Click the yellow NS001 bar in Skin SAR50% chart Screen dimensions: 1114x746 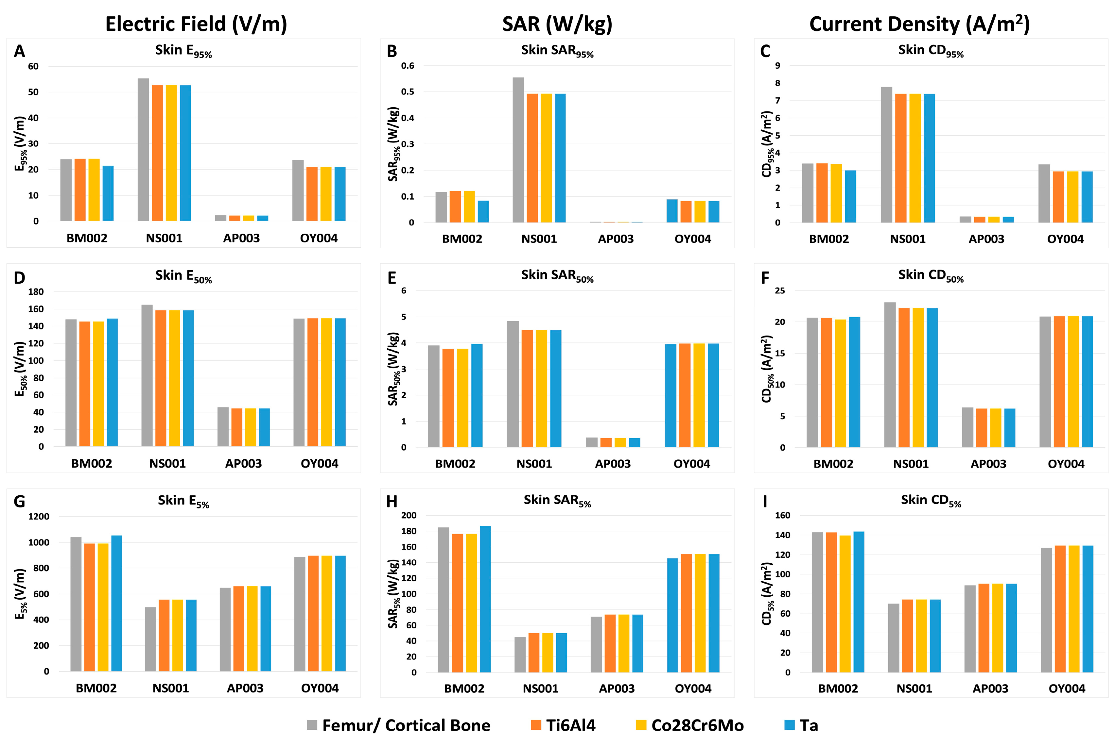[541, 389]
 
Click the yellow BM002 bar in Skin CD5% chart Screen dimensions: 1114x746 [845, 604]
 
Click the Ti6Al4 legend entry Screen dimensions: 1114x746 [563, 725]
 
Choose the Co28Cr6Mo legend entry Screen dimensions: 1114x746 [690, 725]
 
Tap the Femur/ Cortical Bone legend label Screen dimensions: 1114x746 [406, 725]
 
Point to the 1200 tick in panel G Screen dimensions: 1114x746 [39, 516]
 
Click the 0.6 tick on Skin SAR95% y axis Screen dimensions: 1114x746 [408, 66]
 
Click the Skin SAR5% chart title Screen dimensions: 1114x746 [557, 501]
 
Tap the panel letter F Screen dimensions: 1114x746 [765, 278]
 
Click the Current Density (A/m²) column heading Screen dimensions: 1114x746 [919, 24]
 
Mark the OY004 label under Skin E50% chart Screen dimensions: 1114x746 [320, 463]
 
